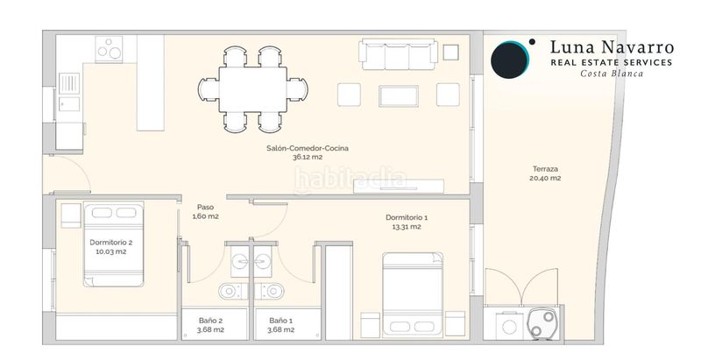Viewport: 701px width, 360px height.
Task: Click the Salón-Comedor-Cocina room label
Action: coord(308,152)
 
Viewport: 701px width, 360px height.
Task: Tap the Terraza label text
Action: coord(545,173)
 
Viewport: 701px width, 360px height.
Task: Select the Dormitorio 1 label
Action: coord(407,222)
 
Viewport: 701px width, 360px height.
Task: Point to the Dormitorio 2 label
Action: coord(111,247)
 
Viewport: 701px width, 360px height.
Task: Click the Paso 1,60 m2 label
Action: coord(205,212)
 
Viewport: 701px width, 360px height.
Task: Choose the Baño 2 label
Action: coord(210,325)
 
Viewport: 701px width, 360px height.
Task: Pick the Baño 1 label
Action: coord(280,325)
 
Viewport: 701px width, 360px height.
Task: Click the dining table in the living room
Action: coord(252,89)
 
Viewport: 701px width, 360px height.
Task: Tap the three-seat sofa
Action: coord(398,54)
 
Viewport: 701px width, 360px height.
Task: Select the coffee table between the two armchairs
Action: coord(399,96)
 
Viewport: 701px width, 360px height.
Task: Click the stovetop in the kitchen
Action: coord(109,49)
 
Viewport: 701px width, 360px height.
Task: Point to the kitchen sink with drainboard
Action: coord(69,93)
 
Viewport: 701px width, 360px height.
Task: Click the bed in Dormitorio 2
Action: coord(114,244)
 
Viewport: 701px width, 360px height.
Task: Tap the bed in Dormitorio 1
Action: coord(413,295)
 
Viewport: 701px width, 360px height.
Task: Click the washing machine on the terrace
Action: coord(510,327)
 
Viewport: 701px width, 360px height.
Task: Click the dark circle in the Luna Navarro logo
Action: coord(509,60)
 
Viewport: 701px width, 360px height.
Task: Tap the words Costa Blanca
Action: coord(612,74)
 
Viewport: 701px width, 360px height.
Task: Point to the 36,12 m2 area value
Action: coord(308,157)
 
